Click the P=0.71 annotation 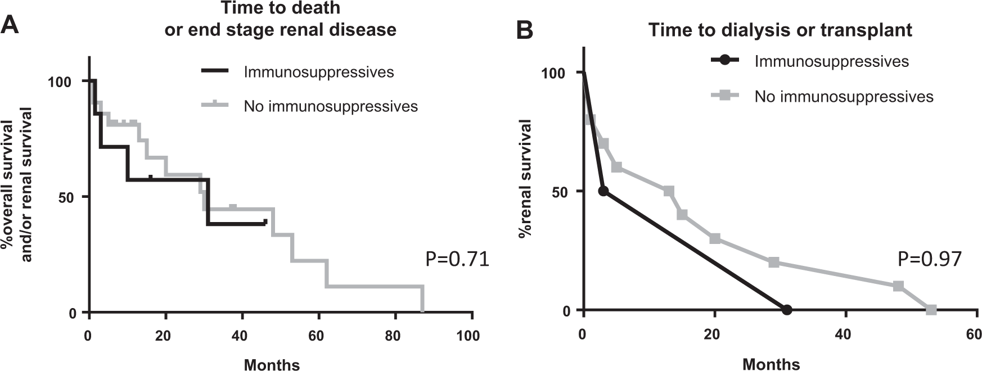click(457, 259)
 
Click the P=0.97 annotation click(929, 259)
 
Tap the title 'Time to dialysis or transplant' click(780, 30)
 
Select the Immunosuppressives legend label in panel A click(318, 72)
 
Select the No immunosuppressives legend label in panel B click(844, 97)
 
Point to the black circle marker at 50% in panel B click(603, 191)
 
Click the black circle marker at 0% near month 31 click(787, 310)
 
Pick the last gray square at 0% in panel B click(931, 310)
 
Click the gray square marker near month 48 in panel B click(898, 286)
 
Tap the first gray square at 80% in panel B click(590, 120)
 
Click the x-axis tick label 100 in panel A click(468, 336)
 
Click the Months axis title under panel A click(272, 365)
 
